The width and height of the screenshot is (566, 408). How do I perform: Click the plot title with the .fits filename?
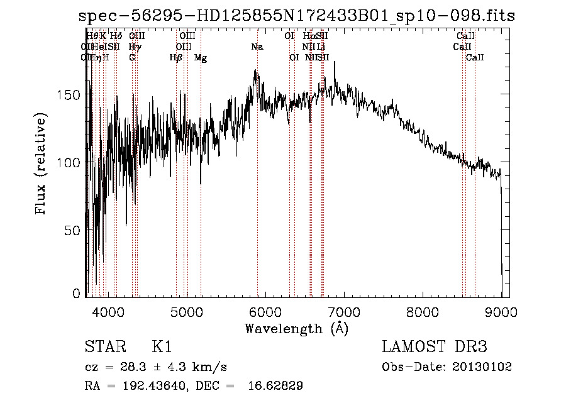click(x=297, y=16)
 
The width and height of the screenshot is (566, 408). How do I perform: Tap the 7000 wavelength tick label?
click(x=344, y=311)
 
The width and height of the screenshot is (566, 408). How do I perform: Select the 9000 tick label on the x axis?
click(x=501, y=311)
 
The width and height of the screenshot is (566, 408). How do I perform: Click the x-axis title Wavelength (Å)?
click(x=296, y=328)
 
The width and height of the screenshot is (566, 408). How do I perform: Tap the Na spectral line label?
click(x=257, y=47)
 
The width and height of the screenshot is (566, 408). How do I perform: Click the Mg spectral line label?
click(x=201, y=58)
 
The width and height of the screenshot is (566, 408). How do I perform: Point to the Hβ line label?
click(x=176, y=58)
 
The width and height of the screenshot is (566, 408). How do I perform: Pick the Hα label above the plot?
click(x=308, y=36)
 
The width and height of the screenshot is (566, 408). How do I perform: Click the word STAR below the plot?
click(x=105, y=347)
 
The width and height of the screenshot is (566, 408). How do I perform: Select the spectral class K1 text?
click(x=162, y=347)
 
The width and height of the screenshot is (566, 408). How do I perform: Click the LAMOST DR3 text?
click(x=435, y=347)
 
